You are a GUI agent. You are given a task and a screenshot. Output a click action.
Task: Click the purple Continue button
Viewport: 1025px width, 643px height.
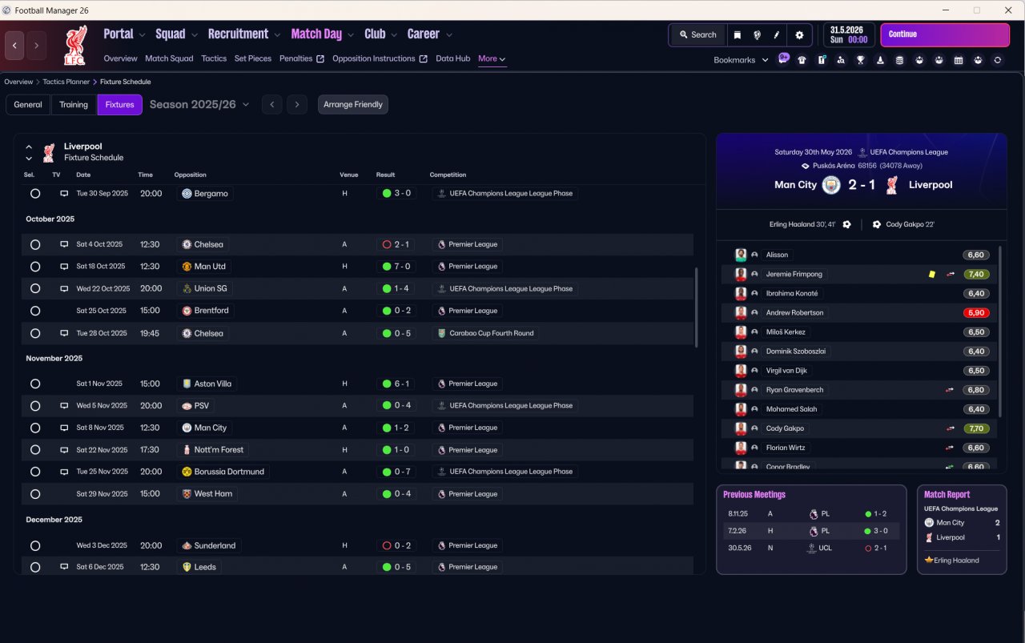tap(944, 34)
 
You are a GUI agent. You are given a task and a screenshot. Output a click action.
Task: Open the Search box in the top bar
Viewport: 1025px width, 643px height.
tap(697, 34)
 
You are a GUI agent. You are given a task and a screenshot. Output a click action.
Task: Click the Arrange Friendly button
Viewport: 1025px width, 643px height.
tap(353, 104)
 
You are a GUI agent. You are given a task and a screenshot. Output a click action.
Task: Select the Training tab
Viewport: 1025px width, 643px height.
tap(73, 104)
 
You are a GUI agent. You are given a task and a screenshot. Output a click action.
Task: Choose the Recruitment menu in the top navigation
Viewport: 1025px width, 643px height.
tap(238, 34)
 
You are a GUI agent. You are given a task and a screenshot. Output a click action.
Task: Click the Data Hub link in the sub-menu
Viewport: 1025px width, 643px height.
tap(452, 58)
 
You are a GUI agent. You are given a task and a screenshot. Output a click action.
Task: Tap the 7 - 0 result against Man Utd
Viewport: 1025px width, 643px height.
tap(402, 267)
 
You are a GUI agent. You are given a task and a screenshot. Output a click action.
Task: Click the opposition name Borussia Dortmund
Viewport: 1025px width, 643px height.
tap(229, 472)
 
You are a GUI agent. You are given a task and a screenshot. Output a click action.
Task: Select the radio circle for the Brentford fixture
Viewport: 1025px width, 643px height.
tap(35, 311)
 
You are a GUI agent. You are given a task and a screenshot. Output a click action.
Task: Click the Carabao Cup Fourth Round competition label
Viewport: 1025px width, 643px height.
tap(491, 333)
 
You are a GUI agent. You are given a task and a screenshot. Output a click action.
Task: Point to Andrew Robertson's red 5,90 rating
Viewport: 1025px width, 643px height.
tap(976, 312)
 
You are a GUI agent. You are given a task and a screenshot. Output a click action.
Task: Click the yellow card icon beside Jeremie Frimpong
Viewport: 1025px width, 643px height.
tap(931, 274)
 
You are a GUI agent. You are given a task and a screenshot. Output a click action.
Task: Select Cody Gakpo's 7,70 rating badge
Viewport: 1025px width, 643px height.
tap(976, 428)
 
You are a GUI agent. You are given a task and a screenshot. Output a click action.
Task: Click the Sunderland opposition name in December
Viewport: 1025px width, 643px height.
tap(215, 545)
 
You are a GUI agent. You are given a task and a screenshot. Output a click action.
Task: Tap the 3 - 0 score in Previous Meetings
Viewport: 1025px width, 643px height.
tap(880, 531)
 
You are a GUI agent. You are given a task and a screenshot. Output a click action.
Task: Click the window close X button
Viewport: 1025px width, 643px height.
tap(1008, 10)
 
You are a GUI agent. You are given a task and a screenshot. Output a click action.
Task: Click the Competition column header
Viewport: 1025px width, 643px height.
tap(448, 175)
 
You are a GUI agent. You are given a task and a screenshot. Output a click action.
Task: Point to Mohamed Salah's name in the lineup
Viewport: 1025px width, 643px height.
tap(791, 409)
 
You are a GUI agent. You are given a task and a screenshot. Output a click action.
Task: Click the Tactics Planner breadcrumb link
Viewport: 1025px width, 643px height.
tap(66, 82)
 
